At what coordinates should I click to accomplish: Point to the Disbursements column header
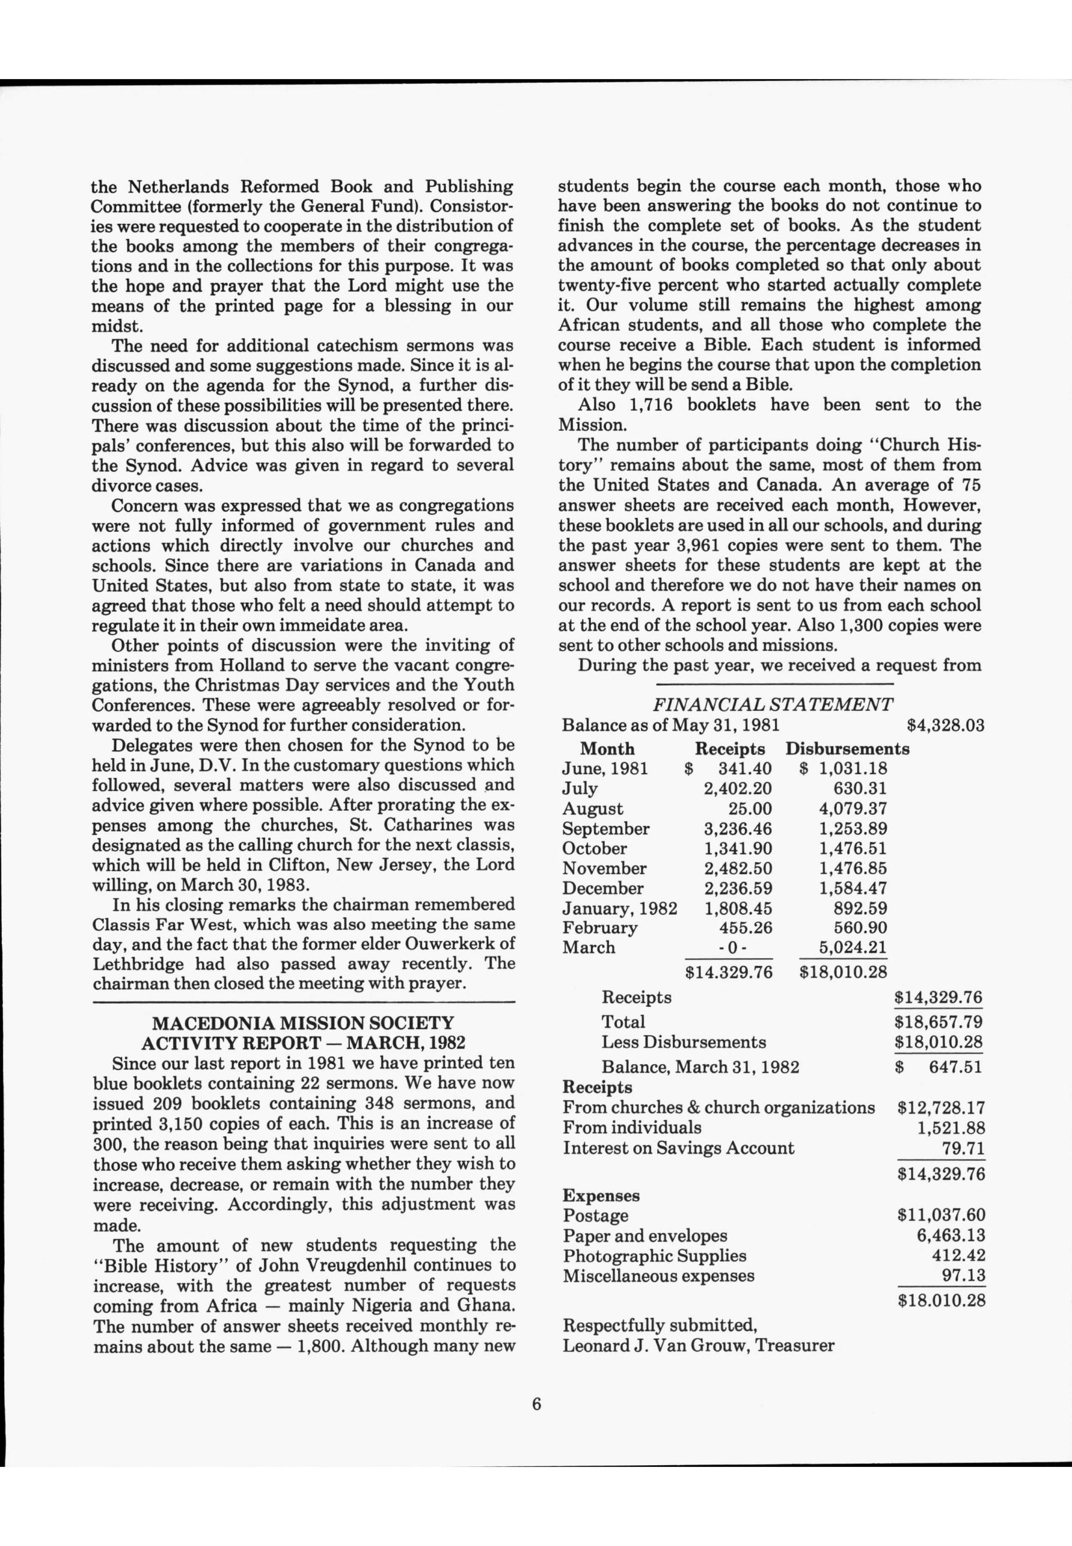click(847, 749)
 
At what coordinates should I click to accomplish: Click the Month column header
click(607, 749)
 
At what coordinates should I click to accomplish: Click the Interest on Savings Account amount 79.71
click(963, 1148)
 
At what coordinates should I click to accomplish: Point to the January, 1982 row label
click(619, 908)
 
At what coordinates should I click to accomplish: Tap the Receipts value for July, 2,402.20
click(737, 788)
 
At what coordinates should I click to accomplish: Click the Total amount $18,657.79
click(940, 1022)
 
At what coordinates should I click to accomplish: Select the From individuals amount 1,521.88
click(951, 1128)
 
